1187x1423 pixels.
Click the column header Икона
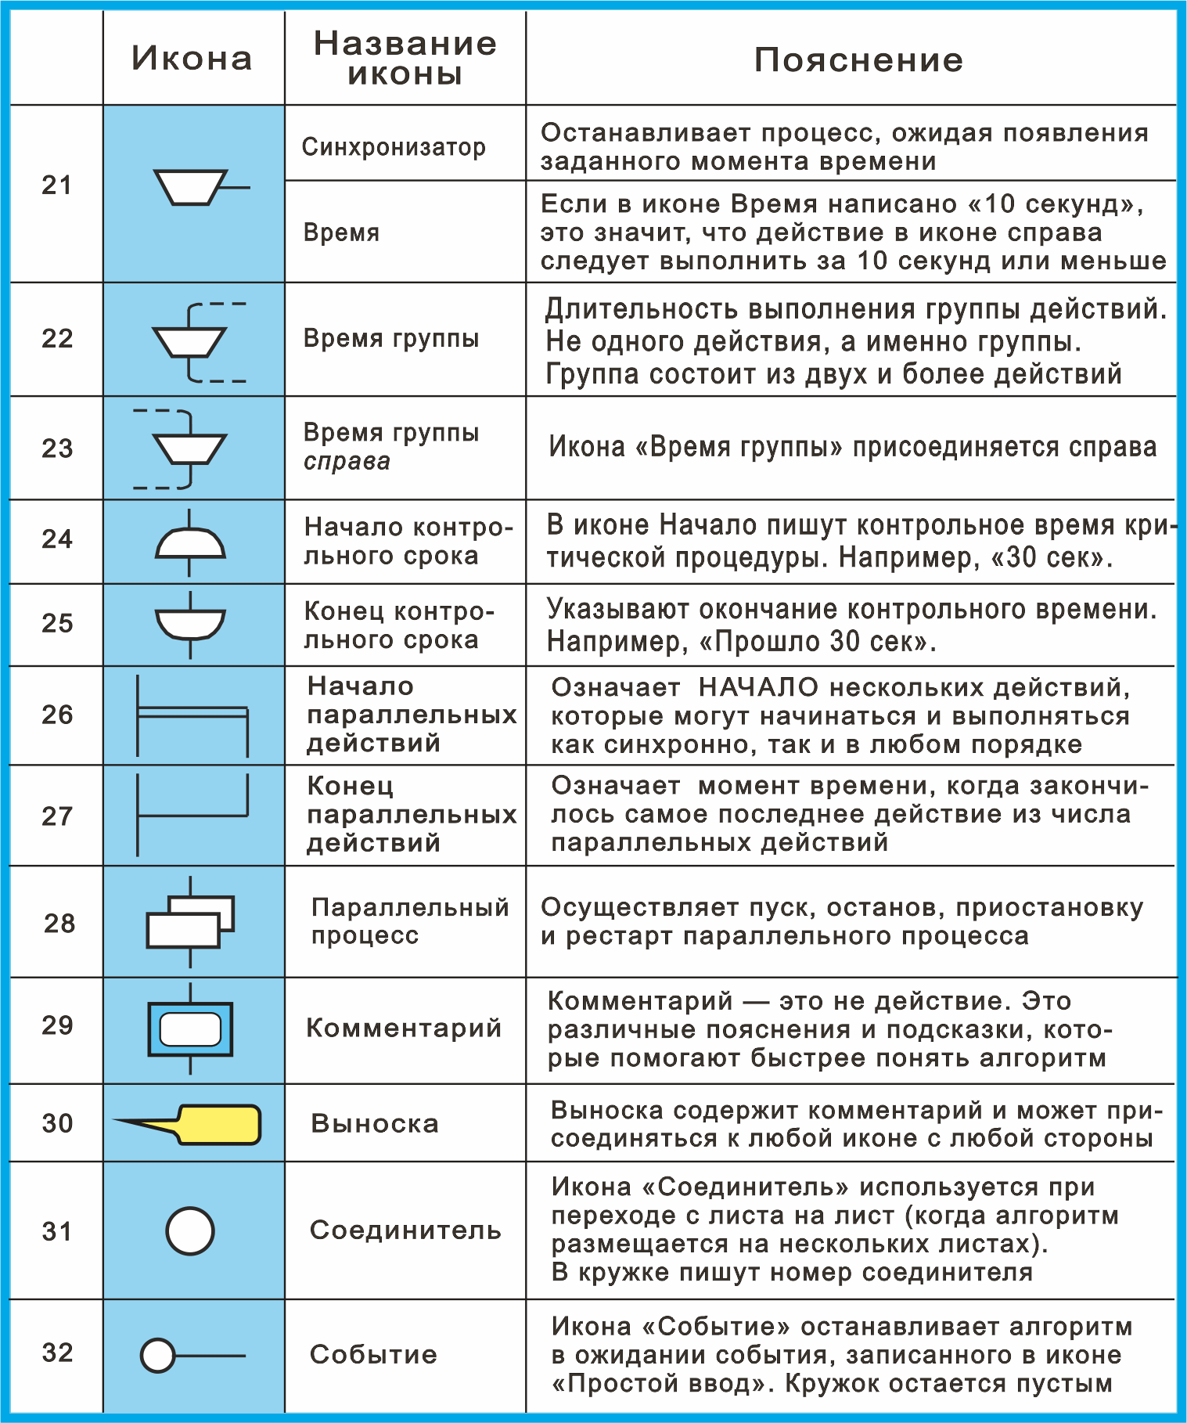192,59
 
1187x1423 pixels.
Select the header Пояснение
858,60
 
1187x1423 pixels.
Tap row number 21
56,186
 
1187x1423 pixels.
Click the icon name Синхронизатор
394,146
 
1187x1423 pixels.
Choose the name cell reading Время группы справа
390,446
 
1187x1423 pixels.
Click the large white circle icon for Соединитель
190,1230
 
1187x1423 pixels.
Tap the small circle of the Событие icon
158,1356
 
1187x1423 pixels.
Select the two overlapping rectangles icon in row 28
190,922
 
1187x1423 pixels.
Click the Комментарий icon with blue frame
190,1029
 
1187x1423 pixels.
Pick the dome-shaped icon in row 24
190,542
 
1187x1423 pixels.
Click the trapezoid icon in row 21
190,187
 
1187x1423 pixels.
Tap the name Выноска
374,1123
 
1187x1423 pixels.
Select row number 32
57,1353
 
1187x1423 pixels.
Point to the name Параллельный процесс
409,921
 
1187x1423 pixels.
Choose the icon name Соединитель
405,1230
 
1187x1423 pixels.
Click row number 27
57,816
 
